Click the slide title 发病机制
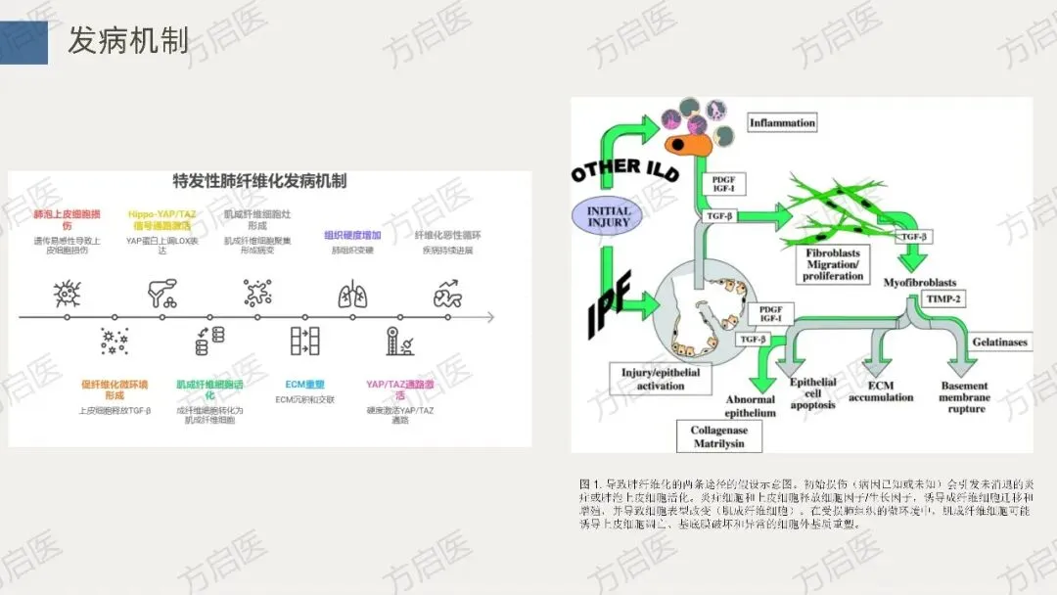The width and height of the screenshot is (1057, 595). tap(127, 41)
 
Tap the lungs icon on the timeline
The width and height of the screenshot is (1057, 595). tap(351, 293)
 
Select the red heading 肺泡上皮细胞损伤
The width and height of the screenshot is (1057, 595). tap(60, 218)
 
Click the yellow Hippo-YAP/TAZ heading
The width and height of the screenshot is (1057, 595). tap(163, 218)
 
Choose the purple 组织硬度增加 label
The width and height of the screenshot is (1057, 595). tap(352, 235)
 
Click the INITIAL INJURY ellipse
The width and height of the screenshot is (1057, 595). tap(608, 217)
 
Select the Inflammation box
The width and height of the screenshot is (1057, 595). tap(782, 123)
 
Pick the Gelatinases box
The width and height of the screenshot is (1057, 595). tap(999, 343)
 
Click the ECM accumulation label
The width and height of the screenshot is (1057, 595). tap(881, 391)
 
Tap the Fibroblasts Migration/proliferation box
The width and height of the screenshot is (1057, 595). tap(834, 264)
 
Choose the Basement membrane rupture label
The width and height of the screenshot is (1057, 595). tap(964, 397)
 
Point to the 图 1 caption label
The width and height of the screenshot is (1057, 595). tap(591, 483)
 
